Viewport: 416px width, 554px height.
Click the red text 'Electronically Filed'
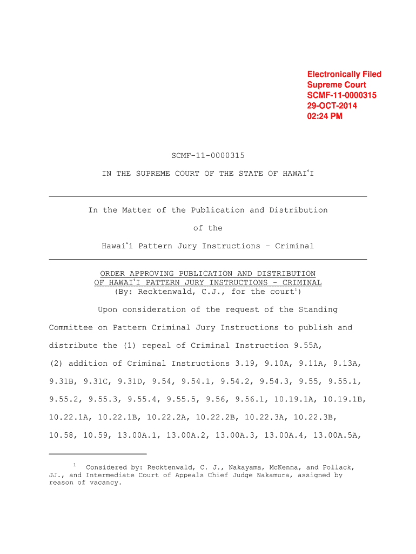344,74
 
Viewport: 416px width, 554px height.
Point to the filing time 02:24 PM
325,116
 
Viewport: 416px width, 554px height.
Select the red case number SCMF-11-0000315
341,95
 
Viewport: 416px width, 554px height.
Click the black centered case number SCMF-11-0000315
208,156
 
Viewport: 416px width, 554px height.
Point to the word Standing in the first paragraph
318,309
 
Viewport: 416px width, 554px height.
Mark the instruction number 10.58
61,434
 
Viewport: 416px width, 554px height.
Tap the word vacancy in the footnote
105,483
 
